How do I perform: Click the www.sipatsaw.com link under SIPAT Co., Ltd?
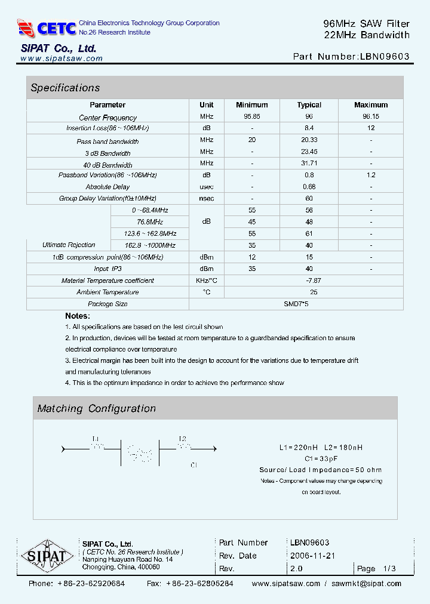tap(62, 58)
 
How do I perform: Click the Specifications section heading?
tap(65, 88)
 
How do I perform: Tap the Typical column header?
tap(309, 105)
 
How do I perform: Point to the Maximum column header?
tap(371, 105)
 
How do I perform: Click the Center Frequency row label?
tap(107, 118)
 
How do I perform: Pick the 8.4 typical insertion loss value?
tap(309, 128)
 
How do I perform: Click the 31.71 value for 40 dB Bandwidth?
tap(309, 164)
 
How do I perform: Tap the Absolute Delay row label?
tap(107, 187)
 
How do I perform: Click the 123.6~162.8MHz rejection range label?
tap(150, 233)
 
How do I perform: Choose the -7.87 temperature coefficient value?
tap(314, 281)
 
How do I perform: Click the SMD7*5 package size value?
tap(296, 304)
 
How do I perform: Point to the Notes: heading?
tap(78, 316)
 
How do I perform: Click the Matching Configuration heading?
tap(96, 409)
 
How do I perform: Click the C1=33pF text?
tap(321, 459)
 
